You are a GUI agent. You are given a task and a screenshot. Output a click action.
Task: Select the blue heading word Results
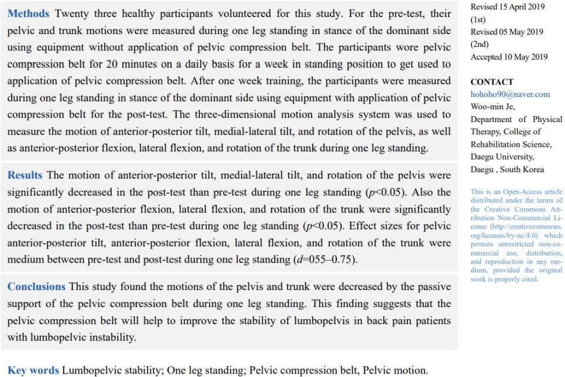[25, 175]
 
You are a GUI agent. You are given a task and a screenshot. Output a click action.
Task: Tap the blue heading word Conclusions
[36, 287]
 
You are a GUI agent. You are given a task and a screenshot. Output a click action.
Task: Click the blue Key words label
[33, 370]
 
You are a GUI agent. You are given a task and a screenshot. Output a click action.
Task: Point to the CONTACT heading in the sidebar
[492, 82]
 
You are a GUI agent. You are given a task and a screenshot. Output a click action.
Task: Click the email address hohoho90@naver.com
[510, 94]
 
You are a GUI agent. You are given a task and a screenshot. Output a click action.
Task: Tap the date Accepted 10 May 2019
[509, 57]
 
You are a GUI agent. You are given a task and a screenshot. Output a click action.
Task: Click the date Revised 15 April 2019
[507, 7]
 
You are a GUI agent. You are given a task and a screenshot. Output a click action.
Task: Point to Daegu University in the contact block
[502, 157]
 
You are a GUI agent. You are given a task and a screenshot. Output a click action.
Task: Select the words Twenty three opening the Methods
[82, 13]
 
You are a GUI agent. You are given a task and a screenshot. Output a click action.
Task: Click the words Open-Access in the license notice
[519, 191]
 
